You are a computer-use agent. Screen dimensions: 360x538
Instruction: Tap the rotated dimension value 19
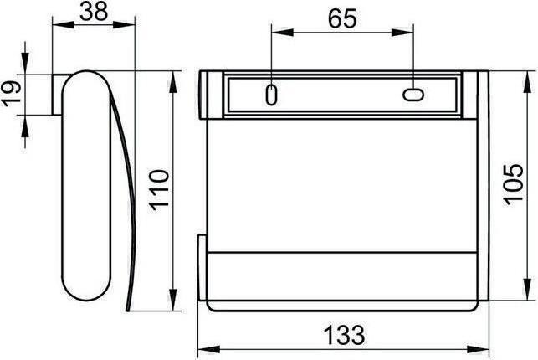coord(12,91)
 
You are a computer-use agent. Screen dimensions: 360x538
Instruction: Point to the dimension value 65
coord(341,18)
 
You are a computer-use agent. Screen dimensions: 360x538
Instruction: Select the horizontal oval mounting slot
coord(413,95)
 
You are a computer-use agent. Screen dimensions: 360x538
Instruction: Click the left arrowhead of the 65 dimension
coord(276,33)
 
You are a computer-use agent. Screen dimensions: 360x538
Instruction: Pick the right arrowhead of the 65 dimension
coord(408,33)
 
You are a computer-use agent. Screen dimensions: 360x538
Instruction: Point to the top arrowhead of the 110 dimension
coord(172,78)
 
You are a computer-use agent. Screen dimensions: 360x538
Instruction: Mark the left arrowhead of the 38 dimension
coord(58,24)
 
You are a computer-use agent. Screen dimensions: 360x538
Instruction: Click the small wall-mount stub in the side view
coord(58,94)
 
